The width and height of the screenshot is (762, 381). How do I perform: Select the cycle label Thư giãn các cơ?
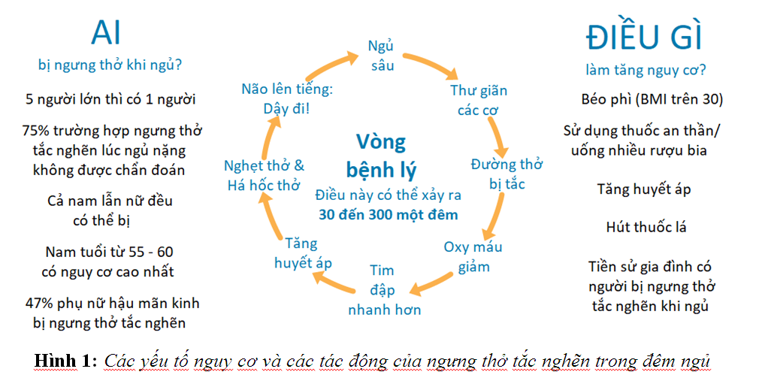[479, 100]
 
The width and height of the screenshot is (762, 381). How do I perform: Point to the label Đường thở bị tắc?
[506, 174]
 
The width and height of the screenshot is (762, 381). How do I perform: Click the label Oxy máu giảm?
[473, 256]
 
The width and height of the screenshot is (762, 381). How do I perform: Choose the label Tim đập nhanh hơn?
[384, 289]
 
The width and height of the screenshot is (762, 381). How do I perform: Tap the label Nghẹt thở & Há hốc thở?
[265, 174]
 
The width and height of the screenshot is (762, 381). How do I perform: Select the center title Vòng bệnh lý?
[381, 153]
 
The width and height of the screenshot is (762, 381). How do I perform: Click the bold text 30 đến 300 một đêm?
[388, 214]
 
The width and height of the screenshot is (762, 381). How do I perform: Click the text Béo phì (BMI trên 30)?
[652, 99]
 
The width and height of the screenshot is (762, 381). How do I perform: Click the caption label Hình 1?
[65, 361]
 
